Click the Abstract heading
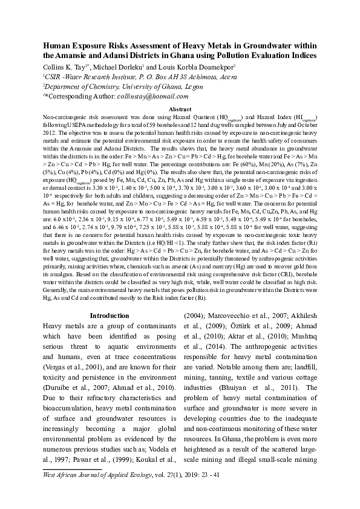[180, 108]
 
